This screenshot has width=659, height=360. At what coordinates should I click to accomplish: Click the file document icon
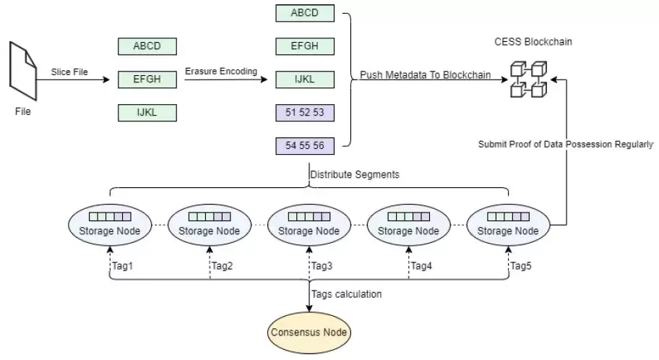[x=23, y=72]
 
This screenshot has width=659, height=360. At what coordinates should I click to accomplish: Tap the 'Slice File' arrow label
[x=69, y=72]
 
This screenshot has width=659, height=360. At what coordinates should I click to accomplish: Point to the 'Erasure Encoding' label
[x=221, y=72]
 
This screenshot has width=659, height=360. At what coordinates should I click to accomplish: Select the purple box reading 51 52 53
[x=305, y=113]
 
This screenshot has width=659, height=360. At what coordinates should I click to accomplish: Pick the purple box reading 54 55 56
[x=305, y=146]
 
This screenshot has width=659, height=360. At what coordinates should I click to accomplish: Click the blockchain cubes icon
[x=530, y=79]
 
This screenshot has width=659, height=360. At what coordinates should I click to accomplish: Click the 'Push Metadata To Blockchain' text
[x=426, y=74]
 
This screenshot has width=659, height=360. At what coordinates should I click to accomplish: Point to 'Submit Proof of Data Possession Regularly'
[x=566, y=144]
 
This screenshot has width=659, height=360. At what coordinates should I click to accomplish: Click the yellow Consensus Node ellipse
[x=309, y=333]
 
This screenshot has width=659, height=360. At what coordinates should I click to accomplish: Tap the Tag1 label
[x=122, y=266]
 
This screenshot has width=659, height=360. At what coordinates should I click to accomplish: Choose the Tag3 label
[x=322, y=266]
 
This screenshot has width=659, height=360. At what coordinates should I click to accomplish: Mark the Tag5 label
[x=521, y=266]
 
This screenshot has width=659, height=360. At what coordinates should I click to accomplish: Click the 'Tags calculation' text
[x=347, y=293]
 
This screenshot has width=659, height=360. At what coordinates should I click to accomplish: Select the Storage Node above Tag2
[x=210, y=225]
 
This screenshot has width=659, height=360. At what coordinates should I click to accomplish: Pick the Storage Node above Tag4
[x=409, y=225]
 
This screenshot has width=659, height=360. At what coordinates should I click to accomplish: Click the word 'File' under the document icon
[x=23, y=111]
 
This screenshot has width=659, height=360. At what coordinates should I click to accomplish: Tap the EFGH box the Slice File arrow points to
[x=147, y=80]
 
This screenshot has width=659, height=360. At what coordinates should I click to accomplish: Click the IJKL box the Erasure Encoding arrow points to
[x=305, y=80]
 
